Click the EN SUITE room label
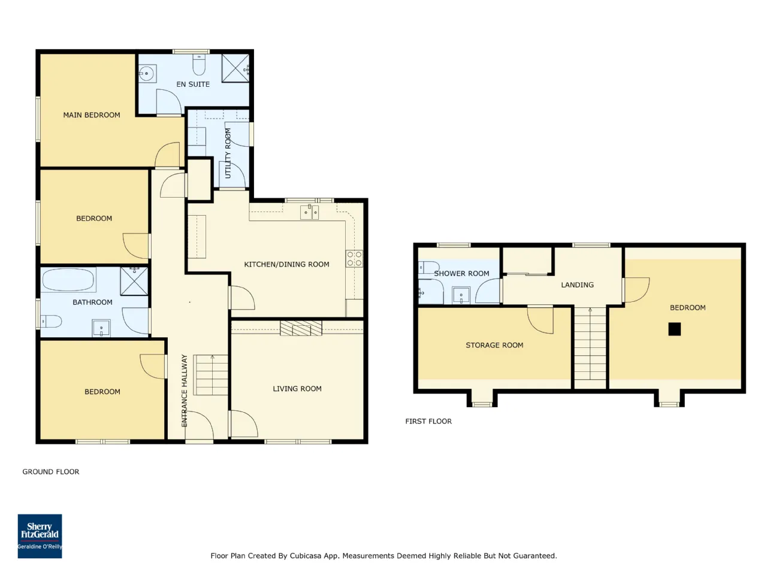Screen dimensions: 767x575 (x=193, y=84)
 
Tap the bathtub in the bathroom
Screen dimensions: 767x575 (x=69, y=280)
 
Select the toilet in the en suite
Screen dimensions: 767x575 (x=199, y=65)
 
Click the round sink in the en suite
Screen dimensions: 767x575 (x=147, y=73)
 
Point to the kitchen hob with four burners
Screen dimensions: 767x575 (x=354, y=259)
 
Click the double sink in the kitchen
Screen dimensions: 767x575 (x=310, y=212)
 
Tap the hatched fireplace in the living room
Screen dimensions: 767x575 (x=301, y=328)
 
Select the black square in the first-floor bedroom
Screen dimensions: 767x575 (x=674, y=329)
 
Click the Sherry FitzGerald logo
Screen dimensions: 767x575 (x=40, y=536)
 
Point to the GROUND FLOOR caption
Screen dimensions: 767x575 (x=51, y=471)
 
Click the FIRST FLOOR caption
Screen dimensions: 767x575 (x=428, y=422)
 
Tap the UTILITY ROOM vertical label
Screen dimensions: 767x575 (x=228, y=153)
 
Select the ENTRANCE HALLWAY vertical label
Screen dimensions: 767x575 (x=185, y=391)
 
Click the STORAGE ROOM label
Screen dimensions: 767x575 (x=494, y=345)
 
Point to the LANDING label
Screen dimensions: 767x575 (x=577, y=285)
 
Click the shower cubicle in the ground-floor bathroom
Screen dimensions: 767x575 (x=134, y=281)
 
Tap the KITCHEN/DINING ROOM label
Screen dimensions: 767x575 (x=286, y=264)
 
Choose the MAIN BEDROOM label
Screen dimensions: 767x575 (x=92, y=115)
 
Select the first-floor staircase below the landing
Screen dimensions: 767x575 (x=590, y=344)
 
